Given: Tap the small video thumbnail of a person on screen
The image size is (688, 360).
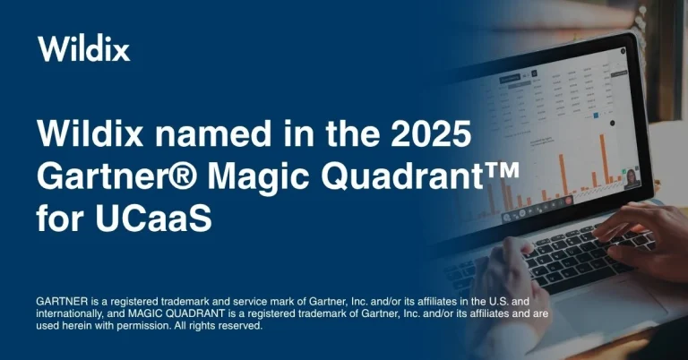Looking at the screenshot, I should pos(630,178).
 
